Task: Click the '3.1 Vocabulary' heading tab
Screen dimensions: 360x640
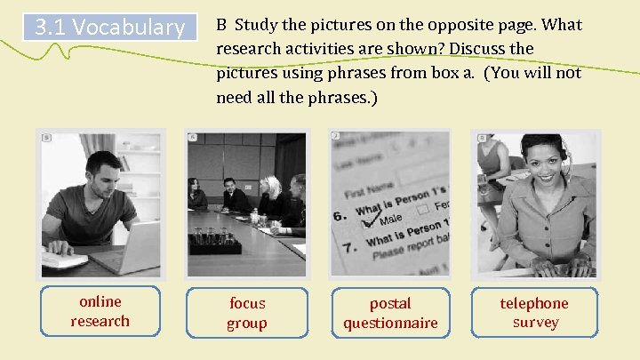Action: (x=108, y=28)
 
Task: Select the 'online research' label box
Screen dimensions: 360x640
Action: (x=100, y=312)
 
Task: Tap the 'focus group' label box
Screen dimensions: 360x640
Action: (x=246, y=313)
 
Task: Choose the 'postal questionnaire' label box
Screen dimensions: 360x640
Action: (x=390, y=313)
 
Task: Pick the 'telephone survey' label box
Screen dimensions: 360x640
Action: (x=534, y=312)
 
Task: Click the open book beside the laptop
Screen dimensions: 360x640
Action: (x=64, y=260)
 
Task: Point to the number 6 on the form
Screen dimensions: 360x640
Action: (x=340, y=215)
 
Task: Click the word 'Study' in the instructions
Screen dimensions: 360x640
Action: (x=259, y=25)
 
